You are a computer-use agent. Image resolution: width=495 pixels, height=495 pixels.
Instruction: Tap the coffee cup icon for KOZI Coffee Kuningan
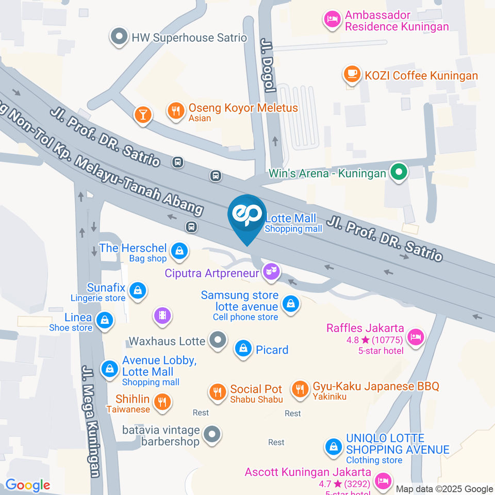point(352,74)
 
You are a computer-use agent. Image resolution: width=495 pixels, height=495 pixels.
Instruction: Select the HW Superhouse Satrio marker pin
point(120,37)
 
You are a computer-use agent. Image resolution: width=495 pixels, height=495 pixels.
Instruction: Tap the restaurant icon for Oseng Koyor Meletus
point(176,110)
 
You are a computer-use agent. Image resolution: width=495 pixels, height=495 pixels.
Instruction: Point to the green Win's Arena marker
point(398,173)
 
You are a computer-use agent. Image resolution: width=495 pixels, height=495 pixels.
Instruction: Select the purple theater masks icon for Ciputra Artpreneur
point(271,271)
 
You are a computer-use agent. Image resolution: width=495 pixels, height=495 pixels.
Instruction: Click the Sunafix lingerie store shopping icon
point(138,290)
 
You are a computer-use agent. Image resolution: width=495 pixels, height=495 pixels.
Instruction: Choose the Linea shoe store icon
point(105,320)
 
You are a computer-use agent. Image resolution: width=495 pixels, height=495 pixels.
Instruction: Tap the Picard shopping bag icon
point(243,349)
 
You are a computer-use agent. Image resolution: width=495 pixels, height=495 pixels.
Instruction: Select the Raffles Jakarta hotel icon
point(415,337)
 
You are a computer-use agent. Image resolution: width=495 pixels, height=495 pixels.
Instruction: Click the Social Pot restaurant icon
point(218,391)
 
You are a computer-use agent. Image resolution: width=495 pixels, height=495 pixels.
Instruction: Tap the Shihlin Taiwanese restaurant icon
point(162,401)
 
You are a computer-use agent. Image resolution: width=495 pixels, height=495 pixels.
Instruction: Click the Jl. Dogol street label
point(267,65)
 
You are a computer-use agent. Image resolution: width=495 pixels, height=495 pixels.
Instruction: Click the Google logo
point(28,485)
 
